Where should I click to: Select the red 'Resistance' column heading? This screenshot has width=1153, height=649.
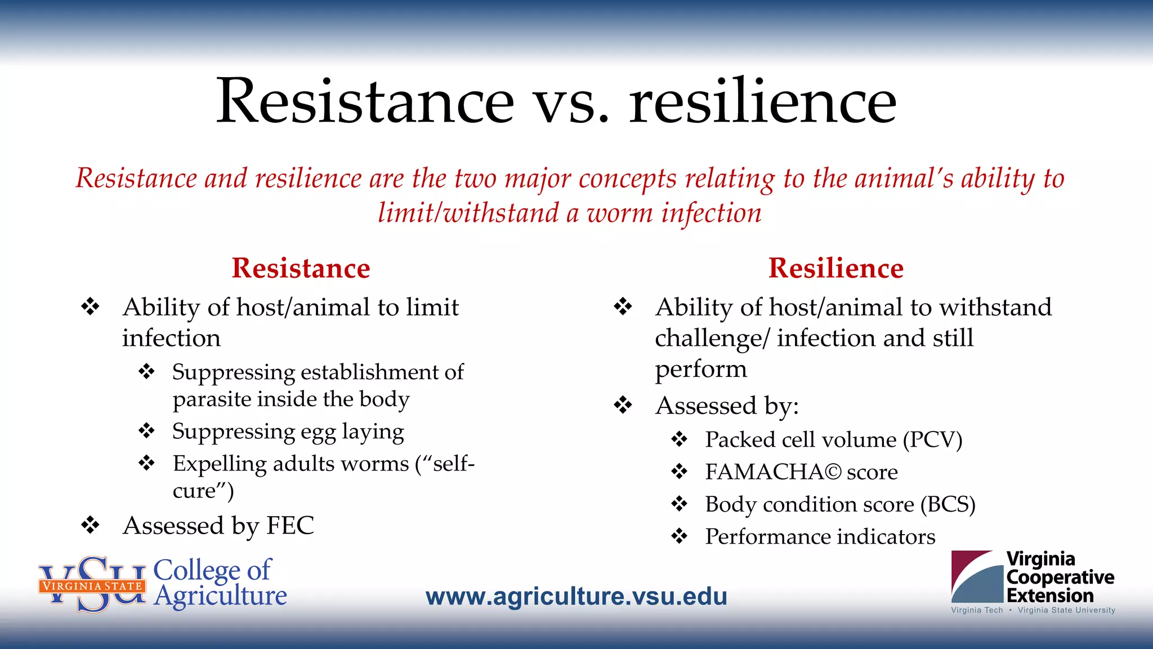(x=301, y=268)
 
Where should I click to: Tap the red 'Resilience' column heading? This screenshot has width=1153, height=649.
(x=836, y=268)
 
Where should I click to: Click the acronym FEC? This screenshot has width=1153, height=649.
(x=290, y=525)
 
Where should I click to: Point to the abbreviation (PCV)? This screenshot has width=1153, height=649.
(x=932, y=439)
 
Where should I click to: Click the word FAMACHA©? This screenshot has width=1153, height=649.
(x=773, y=472)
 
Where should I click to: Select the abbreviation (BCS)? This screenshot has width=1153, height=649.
(x=948, y=504)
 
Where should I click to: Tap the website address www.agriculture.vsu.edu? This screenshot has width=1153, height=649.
(x=576, y=596)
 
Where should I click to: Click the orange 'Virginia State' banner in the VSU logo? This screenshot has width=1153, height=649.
(x=92, y=586)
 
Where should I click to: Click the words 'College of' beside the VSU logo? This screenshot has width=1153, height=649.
(x=212, y=570)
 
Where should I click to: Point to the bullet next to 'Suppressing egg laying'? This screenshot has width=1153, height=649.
(x=147, y=431)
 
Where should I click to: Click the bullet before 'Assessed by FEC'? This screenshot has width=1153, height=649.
(x=90, y=525)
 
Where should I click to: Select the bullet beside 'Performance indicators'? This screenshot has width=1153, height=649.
(x=680, y=536)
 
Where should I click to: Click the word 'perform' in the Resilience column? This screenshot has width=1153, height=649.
(x=701, y=369)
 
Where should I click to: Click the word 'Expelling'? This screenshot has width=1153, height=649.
(x=220, y=464)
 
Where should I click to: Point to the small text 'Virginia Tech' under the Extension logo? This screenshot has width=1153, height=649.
(x=977, y=610)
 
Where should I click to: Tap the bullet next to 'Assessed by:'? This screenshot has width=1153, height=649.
(x=623, y=405)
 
